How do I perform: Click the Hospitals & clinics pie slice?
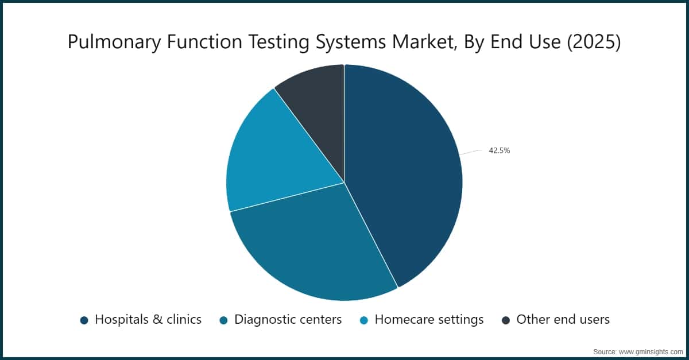coord(408,172)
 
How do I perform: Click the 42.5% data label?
coord(499,151)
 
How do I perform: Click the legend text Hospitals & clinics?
coord(148,320)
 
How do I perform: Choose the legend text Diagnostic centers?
coord(288,320)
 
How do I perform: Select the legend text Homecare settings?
coord(429,320)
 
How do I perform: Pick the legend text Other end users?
coord(563,320)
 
